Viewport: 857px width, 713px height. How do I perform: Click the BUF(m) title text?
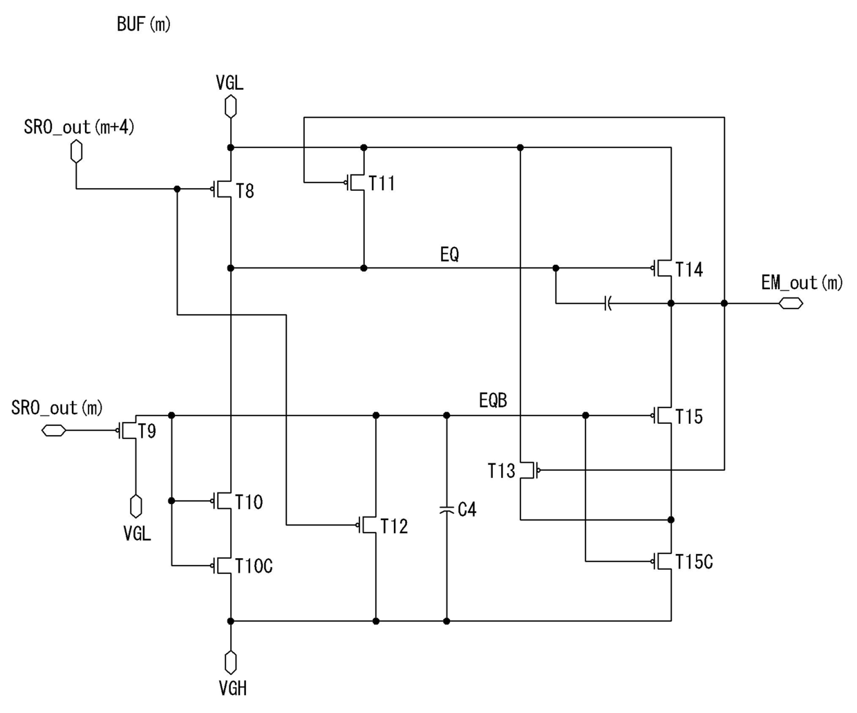(143, 24)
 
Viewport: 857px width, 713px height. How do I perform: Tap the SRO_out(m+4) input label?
(79, 127)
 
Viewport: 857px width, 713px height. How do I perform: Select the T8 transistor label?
(245, 192)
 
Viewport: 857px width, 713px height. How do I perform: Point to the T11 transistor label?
(382, 183)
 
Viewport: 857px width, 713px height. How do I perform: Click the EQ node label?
(449, 254)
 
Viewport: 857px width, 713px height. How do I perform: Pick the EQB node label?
(493, 400)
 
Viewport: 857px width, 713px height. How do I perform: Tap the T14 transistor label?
(689, 270)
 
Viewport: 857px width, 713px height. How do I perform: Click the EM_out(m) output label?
(802, 283)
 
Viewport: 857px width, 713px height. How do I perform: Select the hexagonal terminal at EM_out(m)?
(791, 304)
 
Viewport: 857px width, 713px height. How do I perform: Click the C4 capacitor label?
(467, 510)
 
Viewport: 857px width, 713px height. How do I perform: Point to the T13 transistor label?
(501, 471)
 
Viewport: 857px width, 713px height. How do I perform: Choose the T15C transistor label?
(694, 562)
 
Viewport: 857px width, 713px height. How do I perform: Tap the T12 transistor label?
(394, 526)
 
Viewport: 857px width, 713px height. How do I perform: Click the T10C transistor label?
(254, 566)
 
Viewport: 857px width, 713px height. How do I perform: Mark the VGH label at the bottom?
(233, 688)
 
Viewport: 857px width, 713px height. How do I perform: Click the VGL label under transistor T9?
(137, 533)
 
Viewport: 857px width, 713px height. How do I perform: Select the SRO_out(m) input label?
(57, 408)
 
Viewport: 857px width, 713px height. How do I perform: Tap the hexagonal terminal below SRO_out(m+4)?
(76, 151)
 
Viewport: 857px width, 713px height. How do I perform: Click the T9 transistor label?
(147, 432)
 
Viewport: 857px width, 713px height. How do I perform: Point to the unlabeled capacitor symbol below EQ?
(608, 304)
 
